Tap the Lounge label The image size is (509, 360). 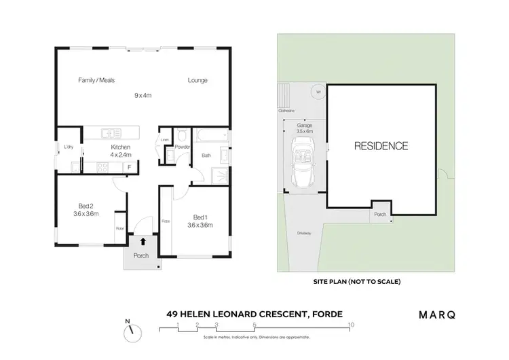point(197,80)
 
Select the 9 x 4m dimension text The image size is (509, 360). point(143,96)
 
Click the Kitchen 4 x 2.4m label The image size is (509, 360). point(120,151)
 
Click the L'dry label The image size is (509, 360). point(68,147)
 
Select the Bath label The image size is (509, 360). point(206,156)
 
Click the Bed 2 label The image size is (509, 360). point(86,209)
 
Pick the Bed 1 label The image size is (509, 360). point(200,221)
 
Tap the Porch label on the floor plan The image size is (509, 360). point(141,256)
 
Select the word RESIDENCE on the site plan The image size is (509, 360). point(380,145)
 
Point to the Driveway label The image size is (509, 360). point(304,234)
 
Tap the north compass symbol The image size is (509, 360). point(132,332)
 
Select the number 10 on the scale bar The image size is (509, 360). point(350,325)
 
